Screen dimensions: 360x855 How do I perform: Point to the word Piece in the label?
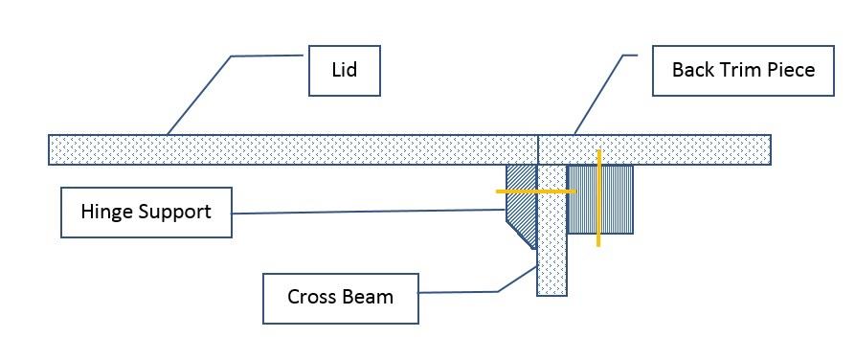pos(790,70)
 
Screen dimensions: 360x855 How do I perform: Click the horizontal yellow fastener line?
pos(522,191)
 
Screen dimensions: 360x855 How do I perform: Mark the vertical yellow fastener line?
pos(598,220)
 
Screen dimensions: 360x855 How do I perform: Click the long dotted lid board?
pos(287,149)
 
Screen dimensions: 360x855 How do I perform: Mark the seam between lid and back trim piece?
pos(538,149)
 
